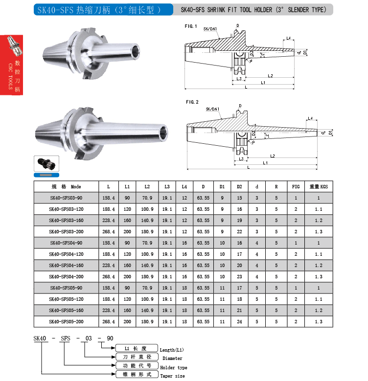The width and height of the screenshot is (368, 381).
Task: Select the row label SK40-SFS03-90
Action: point(66,198)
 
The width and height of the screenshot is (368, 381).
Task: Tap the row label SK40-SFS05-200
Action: point(66,322)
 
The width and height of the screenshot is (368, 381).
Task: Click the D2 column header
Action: point(239,186)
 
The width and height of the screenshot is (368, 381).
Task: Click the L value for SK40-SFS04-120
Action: point(108,254)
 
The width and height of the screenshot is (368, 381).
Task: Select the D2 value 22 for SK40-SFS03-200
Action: point(239,231)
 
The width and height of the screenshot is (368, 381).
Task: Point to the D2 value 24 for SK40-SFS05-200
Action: point(239,322)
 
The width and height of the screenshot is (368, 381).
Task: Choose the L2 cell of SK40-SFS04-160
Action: point(147,266)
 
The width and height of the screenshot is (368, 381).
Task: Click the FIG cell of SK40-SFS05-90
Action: point(296,288)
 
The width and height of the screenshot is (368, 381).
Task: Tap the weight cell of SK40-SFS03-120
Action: point(319,209)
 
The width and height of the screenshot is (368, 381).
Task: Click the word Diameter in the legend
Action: point(169,359)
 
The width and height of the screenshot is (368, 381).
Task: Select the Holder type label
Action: point(174,367)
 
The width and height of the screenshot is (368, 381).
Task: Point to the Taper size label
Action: point(173,376)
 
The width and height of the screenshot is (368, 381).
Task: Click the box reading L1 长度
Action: point(137,348)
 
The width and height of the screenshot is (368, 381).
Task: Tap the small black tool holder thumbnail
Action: point(46,163)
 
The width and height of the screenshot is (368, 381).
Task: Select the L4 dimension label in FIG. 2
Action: point(310,118)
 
